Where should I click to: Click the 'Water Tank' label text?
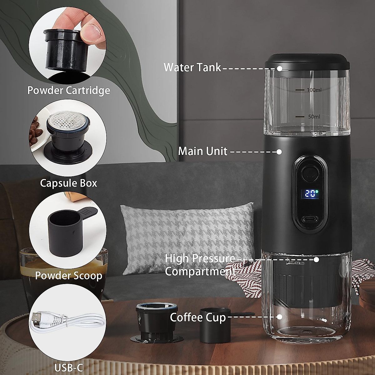click(192, 67)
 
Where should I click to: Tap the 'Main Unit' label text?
click(203, 151)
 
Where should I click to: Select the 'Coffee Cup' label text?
click(198, 317)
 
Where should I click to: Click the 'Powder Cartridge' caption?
click(69, 90)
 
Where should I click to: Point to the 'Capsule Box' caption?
click(68, 183)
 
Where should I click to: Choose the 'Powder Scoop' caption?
click(68, 276)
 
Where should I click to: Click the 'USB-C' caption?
click(68, 367)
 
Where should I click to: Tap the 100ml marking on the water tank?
click(314, 90)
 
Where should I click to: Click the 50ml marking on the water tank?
click(314, 117)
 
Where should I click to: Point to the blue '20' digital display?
click(310, 194)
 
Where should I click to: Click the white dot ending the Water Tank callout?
click(280, 68)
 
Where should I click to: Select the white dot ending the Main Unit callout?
click(279, 152)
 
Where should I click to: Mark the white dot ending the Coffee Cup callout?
click(280, 317)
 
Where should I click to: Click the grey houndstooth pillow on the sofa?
click(187, 237)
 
